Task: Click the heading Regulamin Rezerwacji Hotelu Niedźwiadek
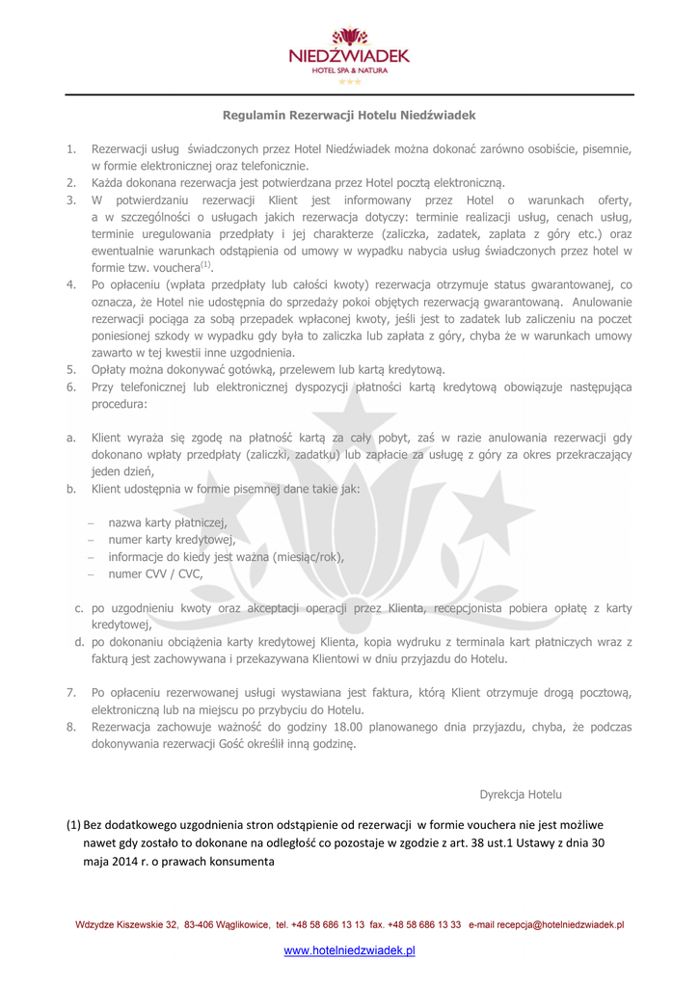click(349, 115)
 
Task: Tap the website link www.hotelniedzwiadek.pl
click(349, 950)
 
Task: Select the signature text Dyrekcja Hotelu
click(521, 794)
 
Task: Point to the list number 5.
click(71, 369)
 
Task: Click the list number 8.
click(71, 727)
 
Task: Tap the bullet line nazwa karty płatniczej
click(168, 522)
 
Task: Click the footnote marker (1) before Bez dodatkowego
click(73, 825)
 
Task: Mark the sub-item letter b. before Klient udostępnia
click(71, 489)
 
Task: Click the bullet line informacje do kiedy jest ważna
click(226, 557)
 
